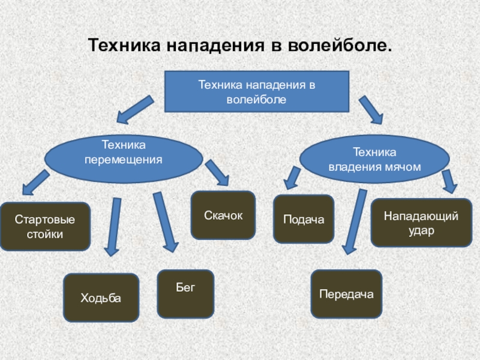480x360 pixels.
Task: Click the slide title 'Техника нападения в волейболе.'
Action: [240, 46]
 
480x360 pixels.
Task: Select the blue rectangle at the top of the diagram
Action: [256, 91]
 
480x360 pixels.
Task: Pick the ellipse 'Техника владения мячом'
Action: [374, 159]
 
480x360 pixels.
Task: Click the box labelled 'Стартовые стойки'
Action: [45, 226]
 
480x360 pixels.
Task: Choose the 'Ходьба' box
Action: [101, 298]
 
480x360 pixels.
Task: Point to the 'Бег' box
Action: [185, 293]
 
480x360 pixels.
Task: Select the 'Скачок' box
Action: [223, 215]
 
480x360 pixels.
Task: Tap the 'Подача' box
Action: [304, 219]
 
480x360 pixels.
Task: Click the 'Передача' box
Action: [346, 293]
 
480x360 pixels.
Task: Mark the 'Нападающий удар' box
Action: [421, 223]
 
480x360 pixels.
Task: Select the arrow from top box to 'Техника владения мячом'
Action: [371, 110]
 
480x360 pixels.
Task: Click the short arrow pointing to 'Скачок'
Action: [217, 172]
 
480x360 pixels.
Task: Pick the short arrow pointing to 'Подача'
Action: [293, 178]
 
